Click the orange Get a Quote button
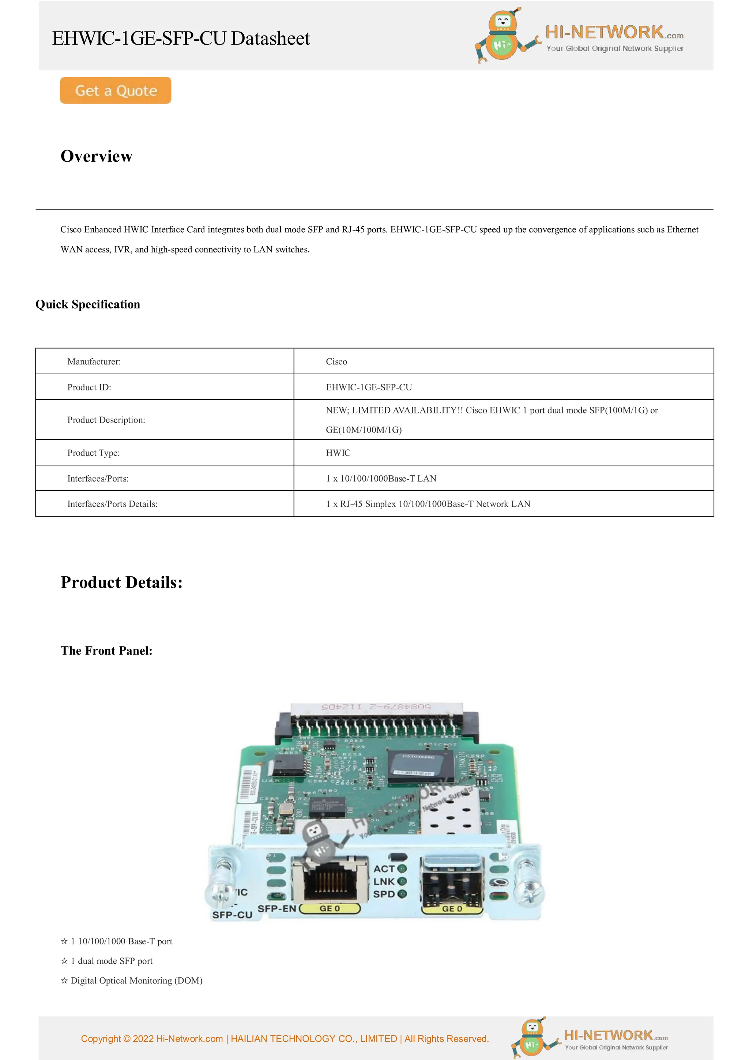(115, 90)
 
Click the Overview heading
(97, 156)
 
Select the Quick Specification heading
(88, 304)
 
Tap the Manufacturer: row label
(94, 362)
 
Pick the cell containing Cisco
(336, 362)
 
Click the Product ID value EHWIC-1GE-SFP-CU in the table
(369, 387)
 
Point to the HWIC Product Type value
(338, 453)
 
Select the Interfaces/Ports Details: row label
(112, 504)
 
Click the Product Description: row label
(106, 420)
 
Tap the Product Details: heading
(121, 583)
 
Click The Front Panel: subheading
(106, 651)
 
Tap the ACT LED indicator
(402, 869)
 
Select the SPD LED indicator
(402, 894)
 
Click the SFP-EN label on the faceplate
(276, 909)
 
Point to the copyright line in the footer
(285, 1039)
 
